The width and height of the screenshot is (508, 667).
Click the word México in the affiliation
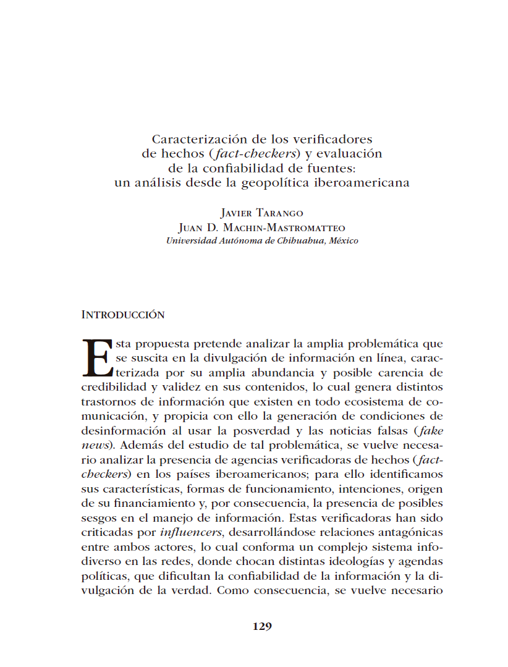(344, 240)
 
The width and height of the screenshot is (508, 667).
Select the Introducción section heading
(123, 315)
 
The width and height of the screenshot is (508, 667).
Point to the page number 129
(262, 626)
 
